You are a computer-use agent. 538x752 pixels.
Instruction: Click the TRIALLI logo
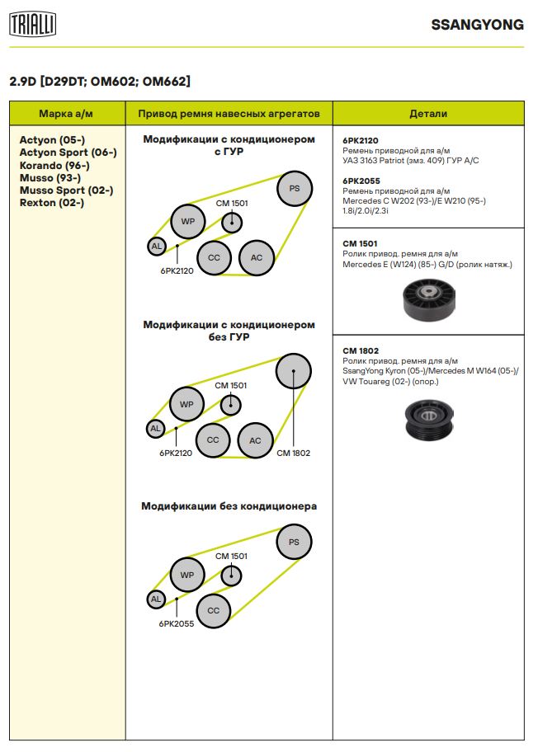coord(32,25)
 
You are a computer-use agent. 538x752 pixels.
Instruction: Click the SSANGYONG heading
coord(477,25)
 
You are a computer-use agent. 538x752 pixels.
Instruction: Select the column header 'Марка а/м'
coord(67,113)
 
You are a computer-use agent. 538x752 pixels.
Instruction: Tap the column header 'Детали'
coord(427,113)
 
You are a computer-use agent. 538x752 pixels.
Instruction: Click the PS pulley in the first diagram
coord(294,189)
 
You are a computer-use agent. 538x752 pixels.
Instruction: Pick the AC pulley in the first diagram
coord(256,258)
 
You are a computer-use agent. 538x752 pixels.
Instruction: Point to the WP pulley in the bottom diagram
coord(186,575)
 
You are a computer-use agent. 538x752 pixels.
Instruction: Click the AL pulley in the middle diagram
coord(155,428)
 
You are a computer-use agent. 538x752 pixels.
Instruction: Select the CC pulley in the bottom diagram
coord(214,610)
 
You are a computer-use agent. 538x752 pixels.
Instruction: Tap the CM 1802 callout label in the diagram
coord(293,453)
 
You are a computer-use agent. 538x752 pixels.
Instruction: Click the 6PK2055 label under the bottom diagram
coord(177,624)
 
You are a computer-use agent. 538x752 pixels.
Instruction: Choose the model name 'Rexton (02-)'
coord(51,203)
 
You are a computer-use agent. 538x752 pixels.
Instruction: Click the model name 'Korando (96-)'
coord(54,165)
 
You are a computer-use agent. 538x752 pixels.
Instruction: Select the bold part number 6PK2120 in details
coord(361,141)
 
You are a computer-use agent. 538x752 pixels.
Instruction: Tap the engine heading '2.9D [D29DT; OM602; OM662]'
coord(99,81)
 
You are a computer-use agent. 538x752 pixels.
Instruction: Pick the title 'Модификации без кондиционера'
coord(229,506)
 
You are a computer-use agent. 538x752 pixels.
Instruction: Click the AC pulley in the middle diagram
coord(255,440)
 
